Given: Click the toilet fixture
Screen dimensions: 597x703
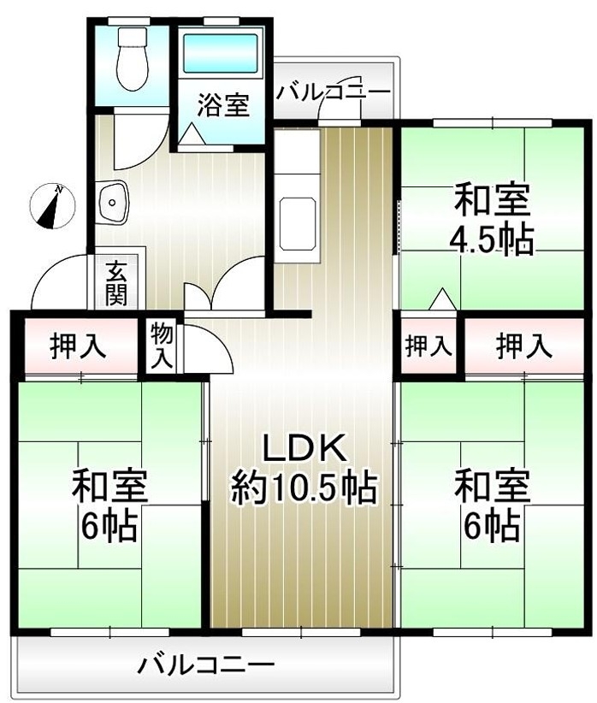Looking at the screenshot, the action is coord(133,58).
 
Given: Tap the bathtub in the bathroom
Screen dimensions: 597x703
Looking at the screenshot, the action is coord(221,53).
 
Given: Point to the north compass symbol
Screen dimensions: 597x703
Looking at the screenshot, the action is coord(52,206).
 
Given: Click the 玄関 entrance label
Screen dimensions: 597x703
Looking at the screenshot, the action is coord(116,283).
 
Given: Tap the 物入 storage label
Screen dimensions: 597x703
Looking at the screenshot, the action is coord(161,346).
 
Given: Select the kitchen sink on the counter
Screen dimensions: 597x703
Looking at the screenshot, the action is coord(298,224).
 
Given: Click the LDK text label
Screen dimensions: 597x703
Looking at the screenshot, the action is coord(304,448).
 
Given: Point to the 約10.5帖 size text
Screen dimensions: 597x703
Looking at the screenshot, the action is coord(304,487).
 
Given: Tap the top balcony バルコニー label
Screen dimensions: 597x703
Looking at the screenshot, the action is coord(334,92).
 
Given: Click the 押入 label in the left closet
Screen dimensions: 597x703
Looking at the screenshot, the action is coord(78,346).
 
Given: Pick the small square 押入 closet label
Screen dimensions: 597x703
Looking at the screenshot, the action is coord(428,346).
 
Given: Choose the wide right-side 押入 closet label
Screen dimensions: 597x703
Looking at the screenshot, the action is coord(524,346).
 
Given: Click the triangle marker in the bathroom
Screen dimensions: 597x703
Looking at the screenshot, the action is coord(192,133).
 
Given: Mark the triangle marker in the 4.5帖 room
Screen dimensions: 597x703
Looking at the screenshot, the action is coord(443,298).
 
